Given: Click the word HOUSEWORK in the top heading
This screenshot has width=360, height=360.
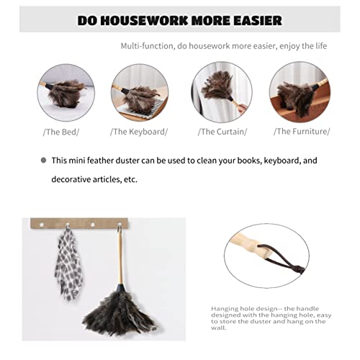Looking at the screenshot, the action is [144, 20].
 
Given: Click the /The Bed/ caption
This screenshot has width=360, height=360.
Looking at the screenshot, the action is [61, 132].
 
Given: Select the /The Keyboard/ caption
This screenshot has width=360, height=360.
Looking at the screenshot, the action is [139, 132].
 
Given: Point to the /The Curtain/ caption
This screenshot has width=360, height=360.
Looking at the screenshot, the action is [222, 132].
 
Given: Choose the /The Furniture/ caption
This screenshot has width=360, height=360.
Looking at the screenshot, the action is [302, 132].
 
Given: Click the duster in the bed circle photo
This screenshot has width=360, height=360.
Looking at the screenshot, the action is [63, 93].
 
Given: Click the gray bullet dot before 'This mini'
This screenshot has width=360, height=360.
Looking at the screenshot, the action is [43, 160].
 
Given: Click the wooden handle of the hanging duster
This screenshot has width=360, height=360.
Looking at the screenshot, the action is [120, 259].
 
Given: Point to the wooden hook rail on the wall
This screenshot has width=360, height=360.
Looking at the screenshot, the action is [79, 223].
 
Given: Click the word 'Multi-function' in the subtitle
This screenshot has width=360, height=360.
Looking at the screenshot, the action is [147, 46].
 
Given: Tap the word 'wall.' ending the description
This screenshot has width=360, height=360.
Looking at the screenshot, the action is [219, 328].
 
